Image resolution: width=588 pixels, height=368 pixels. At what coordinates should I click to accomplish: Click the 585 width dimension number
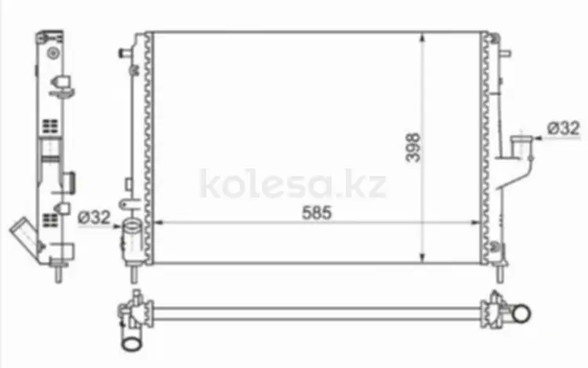[x=317, y=213]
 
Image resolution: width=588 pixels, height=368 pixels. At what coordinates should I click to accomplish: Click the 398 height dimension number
[x=413, y=147]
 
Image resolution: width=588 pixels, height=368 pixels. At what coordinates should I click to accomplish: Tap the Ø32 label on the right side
[x=564, y=128]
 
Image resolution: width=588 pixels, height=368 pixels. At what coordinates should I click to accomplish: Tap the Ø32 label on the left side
[x=95, y=217]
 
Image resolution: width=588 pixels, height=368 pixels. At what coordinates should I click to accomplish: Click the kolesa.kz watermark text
[x=293, y=184]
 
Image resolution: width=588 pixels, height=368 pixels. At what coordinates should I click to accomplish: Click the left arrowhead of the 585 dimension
[x=158, y=222]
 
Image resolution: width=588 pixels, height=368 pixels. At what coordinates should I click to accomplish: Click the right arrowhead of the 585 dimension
[x=476, y=222]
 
